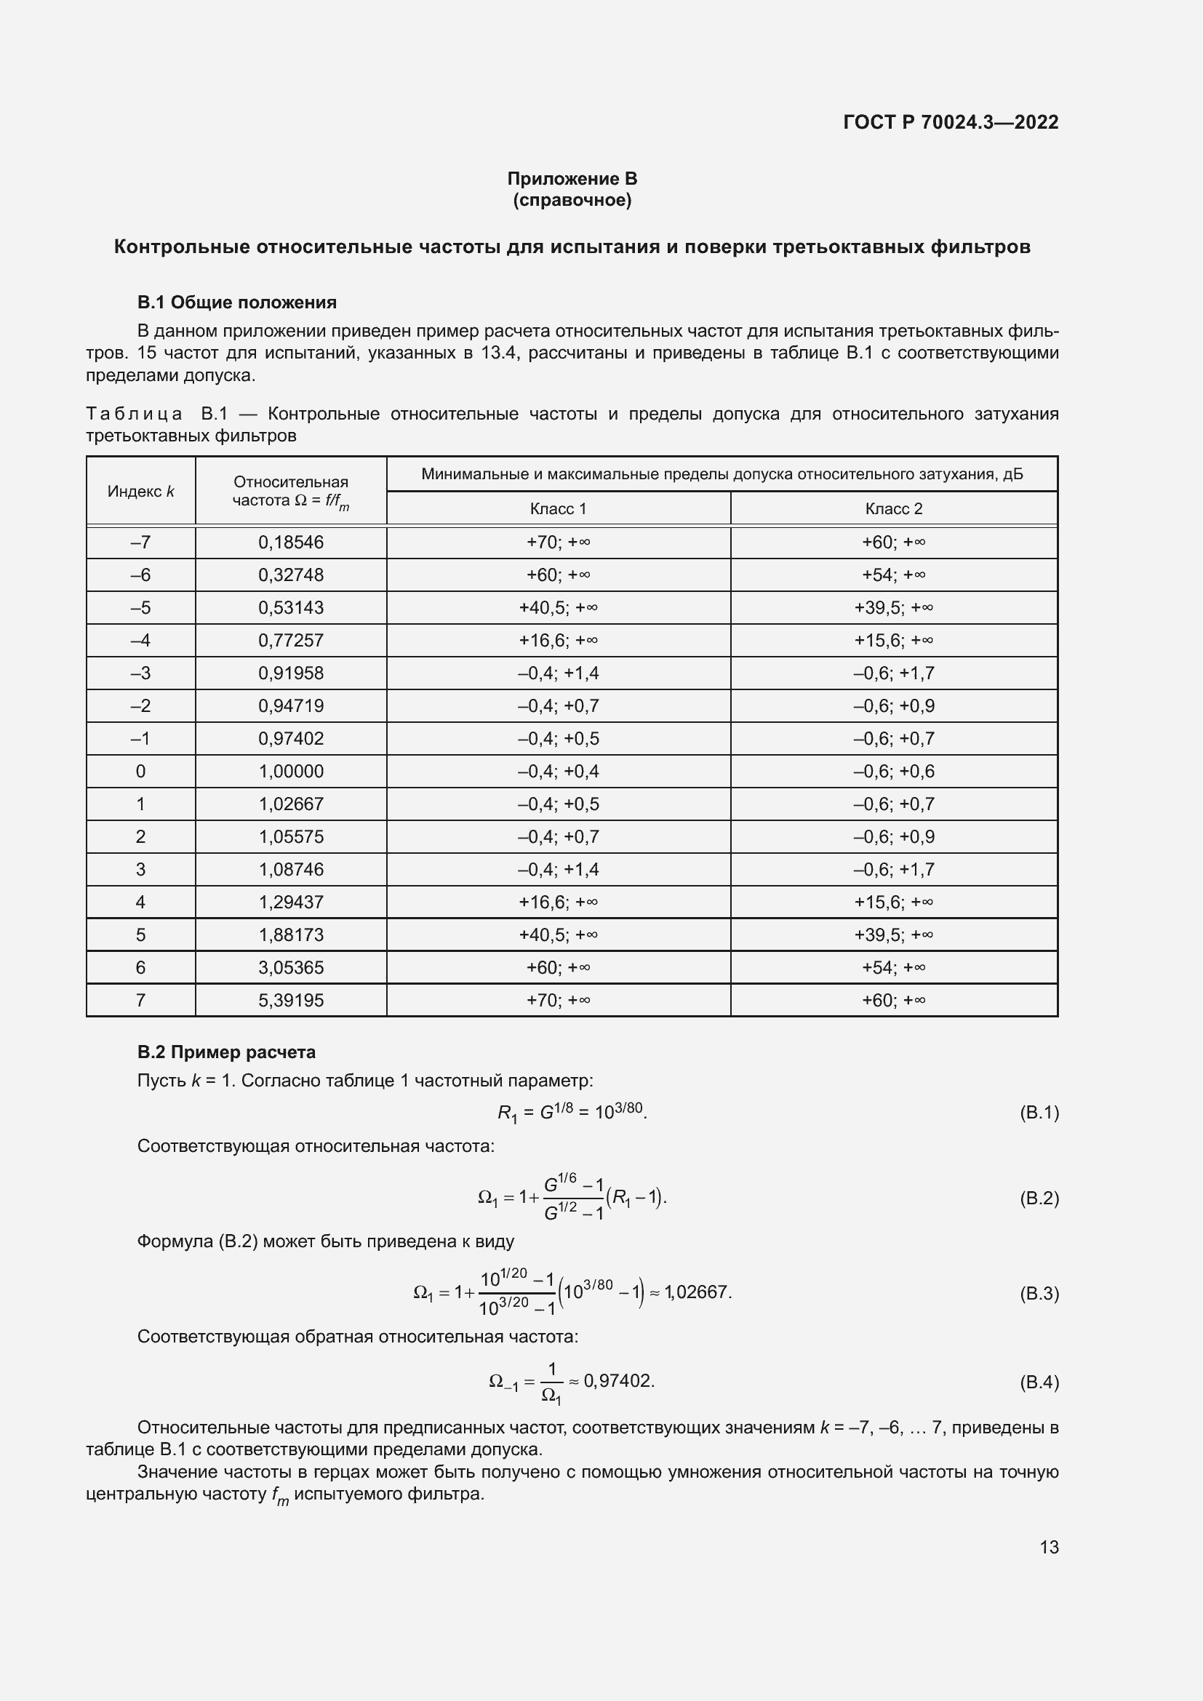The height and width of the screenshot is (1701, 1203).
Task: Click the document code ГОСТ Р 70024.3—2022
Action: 951,122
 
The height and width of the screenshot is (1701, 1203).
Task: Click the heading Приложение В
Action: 572,179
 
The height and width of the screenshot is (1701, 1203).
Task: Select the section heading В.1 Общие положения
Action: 236,303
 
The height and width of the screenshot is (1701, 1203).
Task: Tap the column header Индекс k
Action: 141,491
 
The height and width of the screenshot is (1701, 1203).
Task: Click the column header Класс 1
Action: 558,508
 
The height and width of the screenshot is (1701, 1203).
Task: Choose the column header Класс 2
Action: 893,508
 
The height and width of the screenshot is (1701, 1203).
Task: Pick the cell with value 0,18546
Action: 290,543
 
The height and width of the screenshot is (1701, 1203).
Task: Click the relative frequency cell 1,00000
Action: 290,771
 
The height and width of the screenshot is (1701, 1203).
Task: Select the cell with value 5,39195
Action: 290,1000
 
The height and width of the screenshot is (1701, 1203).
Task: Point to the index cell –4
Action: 141,640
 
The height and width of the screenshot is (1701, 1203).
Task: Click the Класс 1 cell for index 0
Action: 558,771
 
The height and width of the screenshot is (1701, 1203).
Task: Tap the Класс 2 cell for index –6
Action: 893,575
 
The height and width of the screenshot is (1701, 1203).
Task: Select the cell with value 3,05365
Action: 290,967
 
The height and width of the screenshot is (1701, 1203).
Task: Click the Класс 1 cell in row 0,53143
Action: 558,607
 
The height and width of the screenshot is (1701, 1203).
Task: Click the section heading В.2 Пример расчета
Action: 226,1052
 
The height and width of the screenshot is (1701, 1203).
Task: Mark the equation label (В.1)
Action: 1039,1112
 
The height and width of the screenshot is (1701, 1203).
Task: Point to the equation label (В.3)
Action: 1039,1294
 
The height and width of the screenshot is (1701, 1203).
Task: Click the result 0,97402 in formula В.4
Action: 618,1381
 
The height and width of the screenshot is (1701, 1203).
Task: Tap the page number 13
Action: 1049,1547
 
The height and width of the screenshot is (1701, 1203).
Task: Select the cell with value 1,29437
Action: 290,902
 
